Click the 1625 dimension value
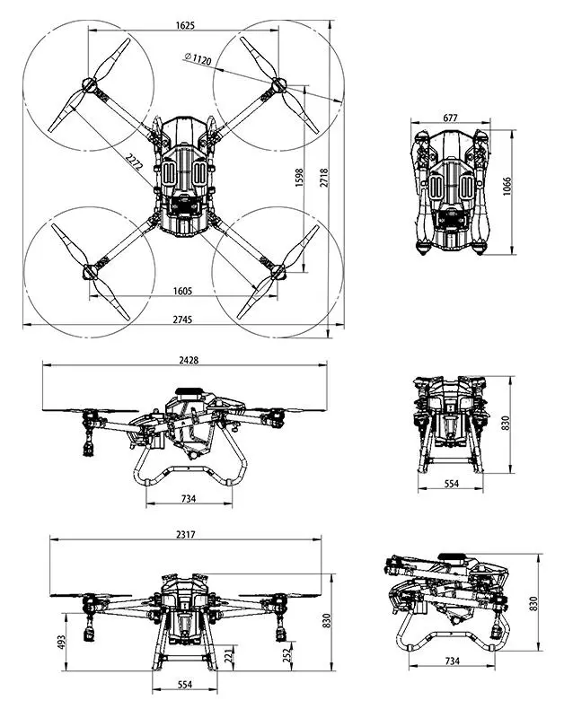pyautogui.click(x=187, y=25)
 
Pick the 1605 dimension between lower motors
pyautogui.click(x=186, y=291)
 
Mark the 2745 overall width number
pyautogui.click(x=186, y=319)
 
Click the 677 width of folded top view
pyautogui.click(x=451, y=118)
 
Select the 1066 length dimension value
pyautogui.click(x=507, y=186)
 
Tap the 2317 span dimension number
pyautogui.click(x=185, y=534)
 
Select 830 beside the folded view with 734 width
pyautogui.click(x=534, y=603)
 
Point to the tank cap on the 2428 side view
pyautogui.click(x=189, y=391)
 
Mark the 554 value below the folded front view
pyautogui.click(x=451, y=484)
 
